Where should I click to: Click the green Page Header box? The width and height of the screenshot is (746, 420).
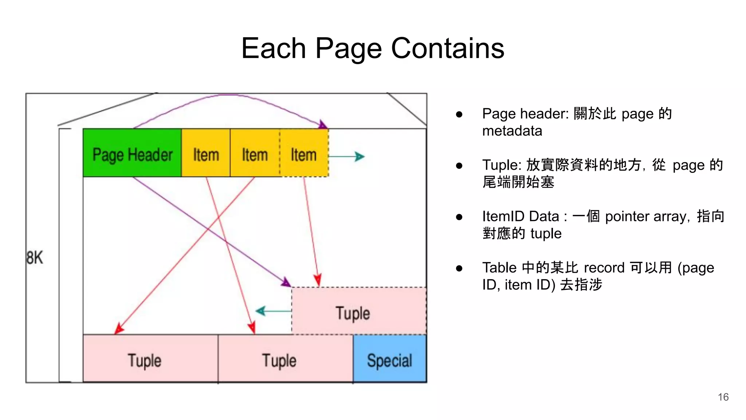pos(132,153)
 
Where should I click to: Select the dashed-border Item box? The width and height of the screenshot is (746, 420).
pos(304,153)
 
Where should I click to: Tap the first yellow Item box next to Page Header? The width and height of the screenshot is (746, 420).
pos(206,153)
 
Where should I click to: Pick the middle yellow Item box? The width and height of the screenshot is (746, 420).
pos(255,153)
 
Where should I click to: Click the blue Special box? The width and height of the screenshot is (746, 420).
pos(389,359)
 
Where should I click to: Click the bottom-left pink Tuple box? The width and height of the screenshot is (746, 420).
pos(150,359)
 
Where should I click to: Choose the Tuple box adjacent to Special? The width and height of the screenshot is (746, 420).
pos(285,359)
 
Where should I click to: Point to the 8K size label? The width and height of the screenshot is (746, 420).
pos(35,258)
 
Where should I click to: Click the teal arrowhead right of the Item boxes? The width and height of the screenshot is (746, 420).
pos(360,157)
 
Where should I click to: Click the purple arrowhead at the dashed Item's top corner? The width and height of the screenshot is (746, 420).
pos(323,125)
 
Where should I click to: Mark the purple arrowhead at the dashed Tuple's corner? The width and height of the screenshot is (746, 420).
pos(287,283)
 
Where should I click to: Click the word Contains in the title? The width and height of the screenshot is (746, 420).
pos(448,48)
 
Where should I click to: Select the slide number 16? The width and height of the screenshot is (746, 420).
pos(723,397)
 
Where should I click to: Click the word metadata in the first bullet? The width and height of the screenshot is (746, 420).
pos(512,131)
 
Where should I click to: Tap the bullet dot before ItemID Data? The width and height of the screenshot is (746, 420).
pos(459,217)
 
